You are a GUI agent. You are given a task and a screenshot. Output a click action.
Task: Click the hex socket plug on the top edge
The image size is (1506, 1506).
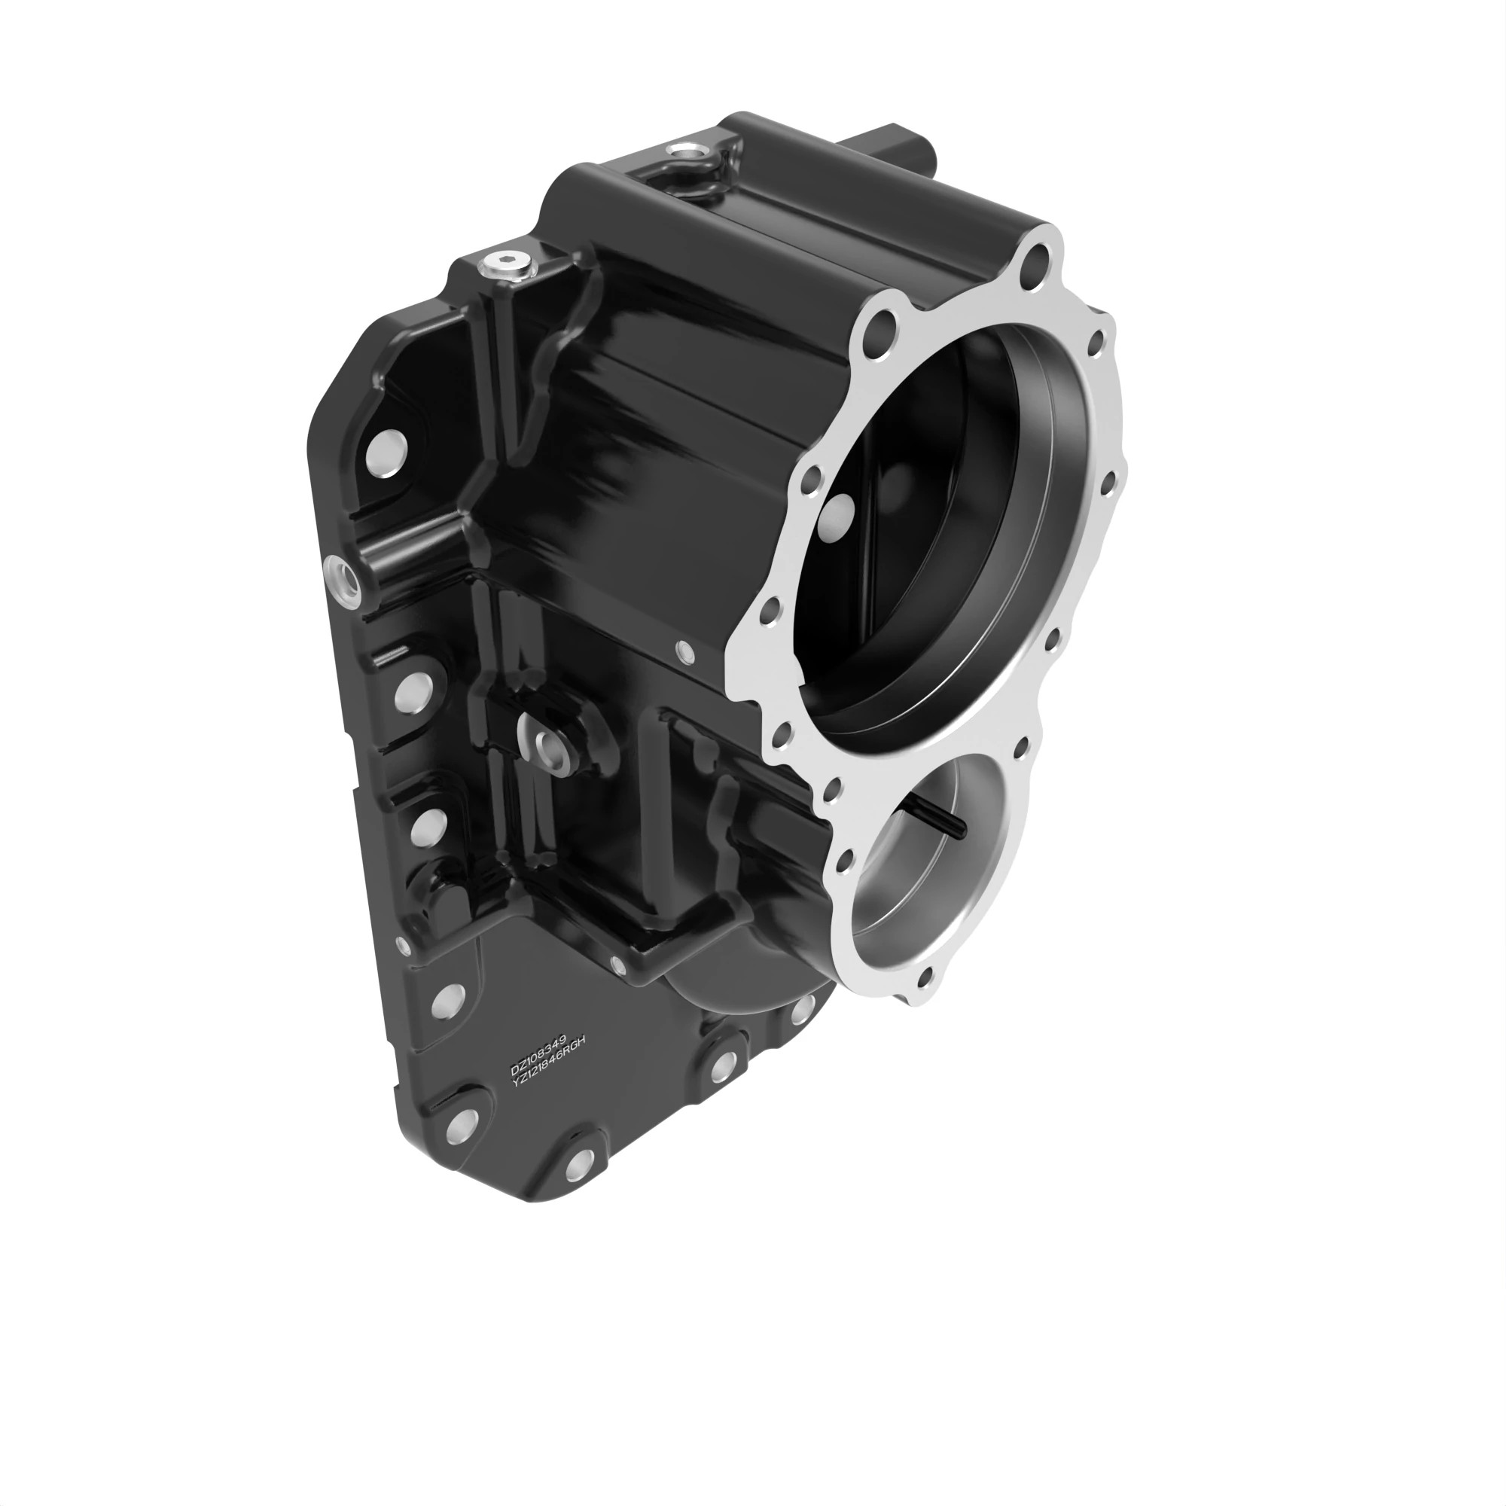(505, 265)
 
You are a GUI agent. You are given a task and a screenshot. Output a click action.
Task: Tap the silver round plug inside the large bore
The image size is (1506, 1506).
(840, 515)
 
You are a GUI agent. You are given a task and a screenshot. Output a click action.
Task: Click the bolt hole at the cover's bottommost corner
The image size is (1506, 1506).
(578, 1166)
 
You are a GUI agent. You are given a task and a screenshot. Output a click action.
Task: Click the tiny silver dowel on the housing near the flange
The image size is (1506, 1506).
(685, 651)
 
